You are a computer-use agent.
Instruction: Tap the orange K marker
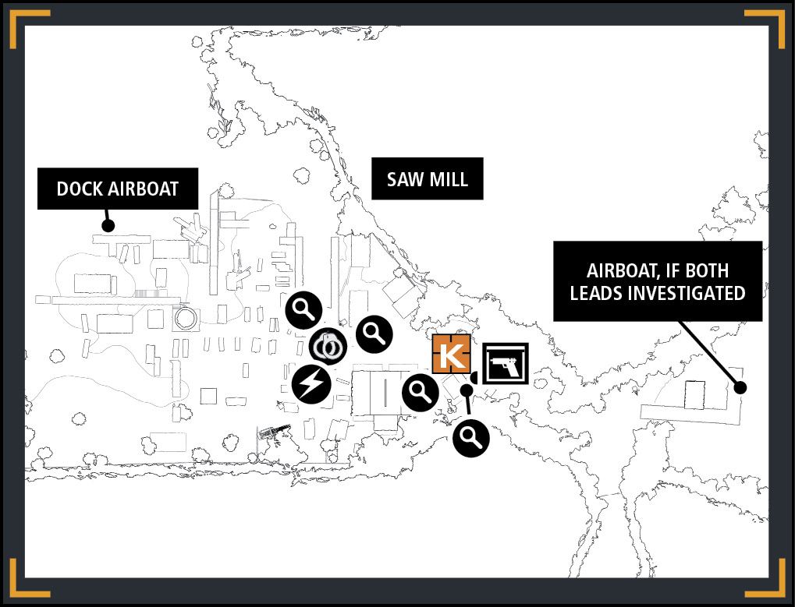[x=451, y=353]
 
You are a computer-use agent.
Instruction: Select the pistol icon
[x=506, y=363]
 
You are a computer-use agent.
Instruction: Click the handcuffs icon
[x=328, y=347]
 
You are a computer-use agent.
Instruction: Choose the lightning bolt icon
[x=312, y=384]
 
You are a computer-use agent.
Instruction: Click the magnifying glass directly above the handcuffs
[x=303, y=310]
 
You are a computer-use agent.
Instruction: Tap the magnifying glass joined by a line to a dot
[x=471, y=438]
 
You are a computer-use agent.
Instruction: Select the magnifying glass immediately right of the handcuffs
[x=374, y=334]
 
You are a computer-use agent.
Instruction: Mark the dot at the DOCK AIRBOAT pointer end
[x=108, y=226]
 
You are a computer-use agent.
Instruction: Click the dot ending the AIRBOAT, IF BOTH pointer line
[x=740, y=388]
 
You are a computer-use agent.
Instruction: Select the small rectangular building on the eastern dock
[x=694, y=395]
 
